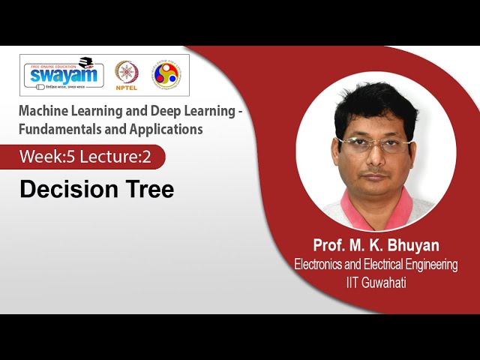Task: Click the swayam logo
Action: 65,74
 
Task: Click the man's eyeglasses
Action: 373,143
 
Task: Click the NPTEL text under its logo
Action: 126,87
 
